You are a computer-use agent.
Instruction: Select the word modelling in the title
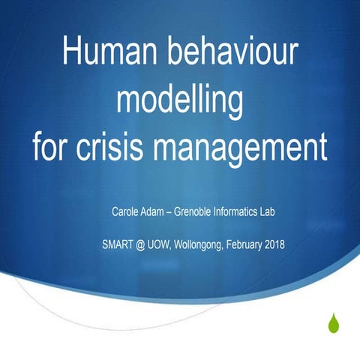tap(180, 99)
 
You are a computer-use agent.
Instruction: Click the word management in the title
tap(249, 146)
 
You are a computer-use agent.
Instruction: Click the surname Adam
tap(157, 213)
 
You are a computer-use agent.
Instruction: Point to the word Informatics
tap(250, 213)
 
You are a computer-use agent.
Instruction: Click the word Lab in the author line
tap(286, 213)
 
